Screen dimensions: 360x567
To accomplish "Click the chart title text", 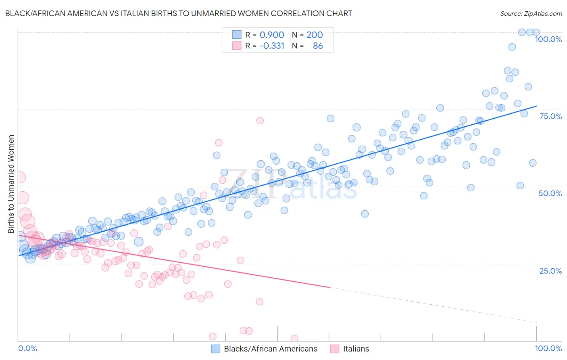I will (178, 13).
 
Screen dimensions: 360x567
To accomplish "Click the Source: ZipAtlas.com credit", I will (531, 13).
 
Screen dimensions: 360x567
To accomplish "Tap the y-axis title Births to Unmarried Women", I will (11, 184).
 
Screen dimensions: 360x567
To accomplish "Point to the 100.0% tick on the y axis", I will (548, 39).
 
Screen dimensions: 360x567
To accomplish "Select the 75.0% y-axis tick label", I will (550, 116).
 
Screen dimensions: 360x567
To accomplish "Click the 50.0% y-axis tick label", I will (550, 193).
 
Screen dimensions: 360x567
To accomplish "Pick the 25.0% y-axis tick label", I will (550, 271).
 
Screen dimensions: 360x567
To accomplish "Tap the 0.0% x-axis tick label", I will (27, 348).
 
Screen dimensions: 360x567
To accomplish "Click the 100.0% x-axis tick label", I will (548, 348).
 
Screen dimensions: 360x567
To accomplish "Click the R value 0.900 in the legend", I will (271, 35).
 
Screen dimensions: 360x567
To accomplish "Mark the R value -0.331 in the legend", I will (271, 46).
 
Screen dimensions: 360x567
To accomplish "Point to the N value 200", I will (315, 35).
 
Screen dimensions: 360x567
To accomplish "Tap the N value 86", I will (318, 46).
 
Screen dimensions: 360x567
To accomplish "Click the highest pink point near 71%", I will (260, 120).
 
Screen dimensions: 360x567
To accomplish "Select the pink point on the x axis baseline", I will (294, 338).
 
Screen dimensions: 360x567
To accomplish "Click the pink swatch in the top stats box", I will (237, 46).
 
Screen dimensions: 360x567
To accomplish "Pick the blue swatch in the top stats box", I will (237, 35).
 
